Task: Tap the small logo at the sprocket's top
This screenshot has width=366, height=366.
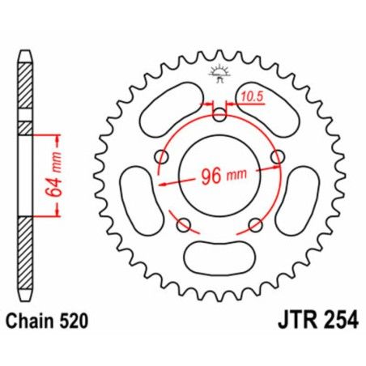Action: (x=219, y=70)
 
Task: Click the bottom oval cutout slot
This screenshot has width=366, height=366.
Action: (x=219, y=258)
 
